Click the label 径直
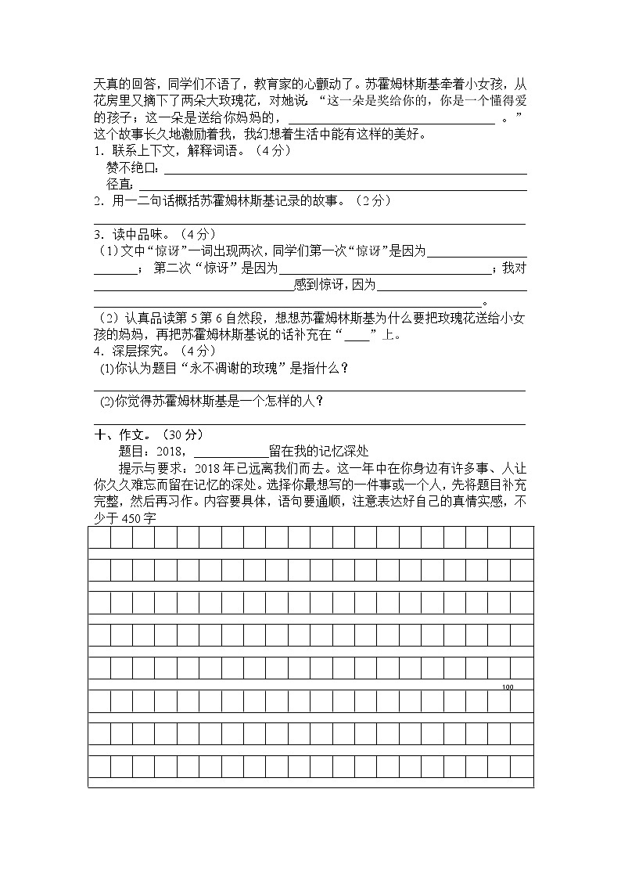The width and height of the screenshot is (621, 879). tap(120, 185)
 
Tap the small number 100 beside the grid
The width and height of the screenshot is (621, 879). tap(508, 687)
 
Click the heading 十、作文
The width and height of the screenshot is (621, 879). tap(118, 434)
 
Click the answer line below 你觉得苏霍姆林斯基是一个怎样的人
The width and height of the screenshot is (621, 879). tap(310, 423)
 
